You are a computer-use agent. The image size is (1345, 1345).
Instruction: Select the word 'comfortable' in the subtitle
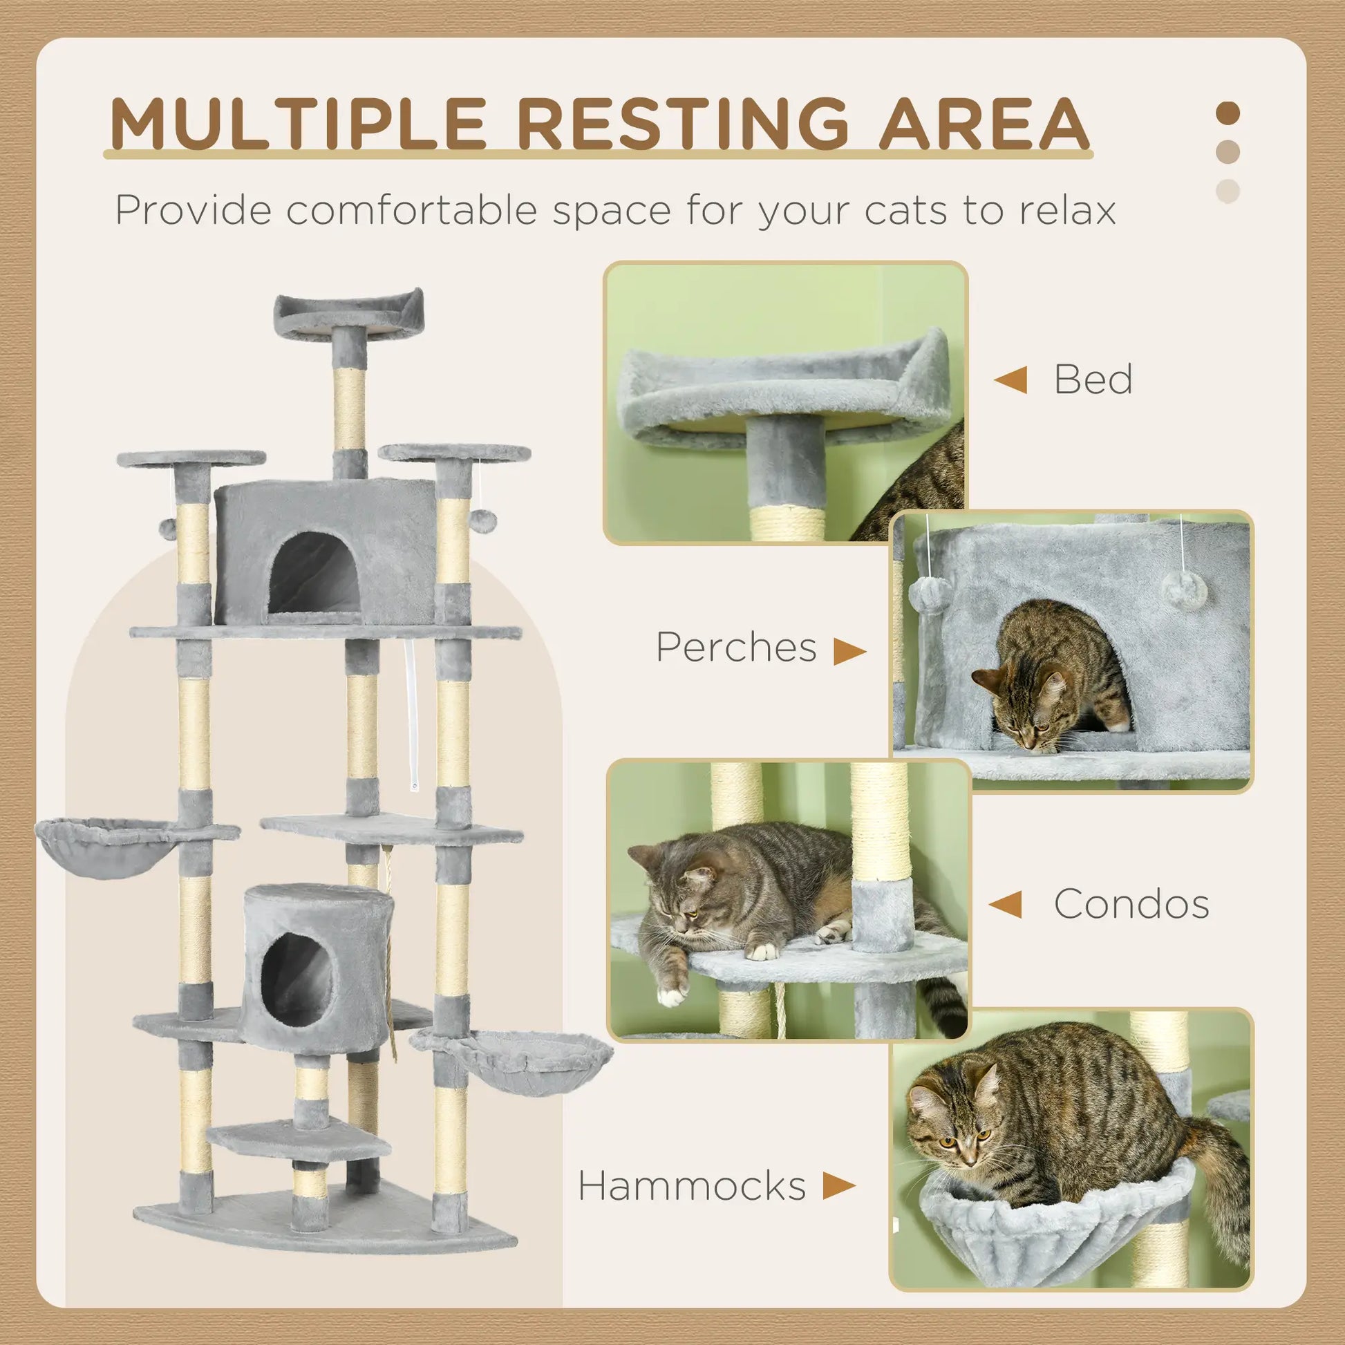point(411,210)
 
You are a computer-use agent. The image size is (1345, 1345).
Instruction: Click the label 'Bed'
point(1092,379)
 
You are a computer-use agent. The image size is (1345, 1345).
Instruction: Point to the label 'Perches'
point(736,647)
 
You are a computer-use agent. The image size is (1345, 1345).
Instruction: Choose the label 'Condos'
point(1131,904)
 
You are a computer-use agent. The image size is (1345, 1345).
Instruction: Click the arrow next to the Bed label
point(1011,380)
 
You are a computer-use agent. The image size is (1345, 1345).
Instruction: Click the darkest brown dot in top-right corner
point(1228,113)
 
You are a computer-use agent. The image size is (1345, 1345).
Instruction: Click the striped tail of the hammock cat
point(1222,1176)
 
